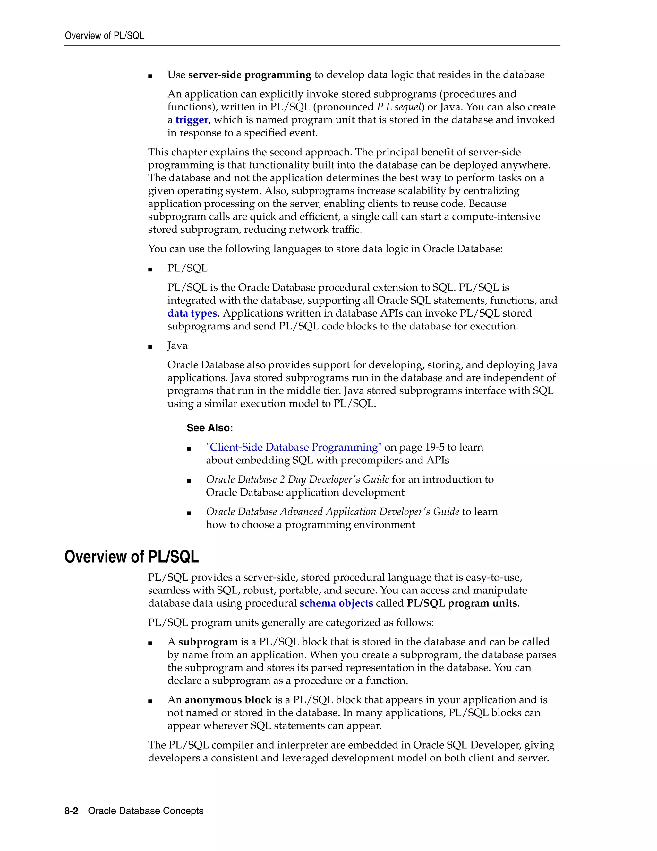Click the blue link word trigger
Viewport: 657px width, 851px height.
click(192, 120)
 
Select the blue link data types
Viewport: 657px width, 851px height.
click(192, 313)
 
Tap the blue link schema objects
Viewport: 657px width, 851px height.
click(336, 603)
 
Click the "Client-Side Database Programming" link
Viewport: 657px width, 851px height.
click(294, 447)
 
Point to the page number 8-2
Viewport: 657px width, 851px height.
click(71, 811)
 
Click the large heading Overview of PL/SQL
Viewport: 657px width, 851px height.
click(132, 557)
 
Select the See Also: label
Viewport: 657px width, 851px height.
click(209, 428)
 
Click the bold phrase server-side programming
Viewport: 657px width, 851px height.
click(250, 75)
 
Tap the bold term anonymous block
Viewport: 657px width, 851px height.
click(228, 700)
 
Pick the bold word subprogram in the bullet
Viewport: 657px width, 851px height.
click(208, 642)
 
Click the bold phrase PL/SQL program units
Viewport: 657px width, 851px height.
click(462, 603)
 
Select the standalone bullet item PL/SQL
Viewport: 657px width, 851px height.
click(187, 268)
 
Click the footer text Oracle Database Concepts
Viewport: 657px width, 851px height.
click(146, 811)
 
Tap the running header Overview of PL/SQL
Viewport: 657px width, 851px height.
click(104, 36)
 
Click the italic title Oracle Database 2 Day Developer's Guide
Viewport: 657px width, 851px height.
click(297, 480)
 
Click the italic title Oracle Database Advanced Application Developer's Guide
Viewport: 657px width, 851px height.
click(332, 512)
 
